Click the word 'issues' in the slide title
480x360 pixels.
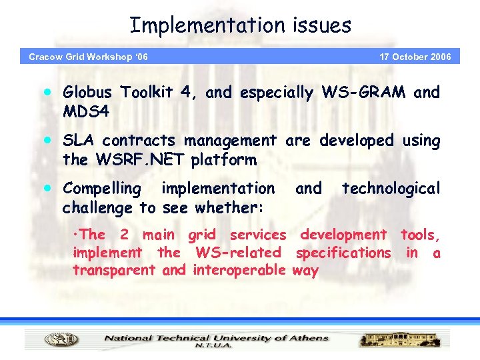point(321,25)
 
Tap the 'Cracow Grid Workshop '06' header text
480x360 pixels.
point(88,57)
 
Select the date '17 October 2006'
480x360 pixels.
point(415,57)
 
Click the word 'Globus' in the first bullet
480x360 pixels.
point(91,93)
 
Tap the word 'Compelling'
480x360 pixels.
point(101,189)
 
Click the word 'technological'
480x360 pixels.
point(391,189)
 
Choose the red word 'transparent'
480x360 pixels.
point(114,271)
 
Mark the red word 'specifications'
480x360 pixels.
point(343,253)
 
